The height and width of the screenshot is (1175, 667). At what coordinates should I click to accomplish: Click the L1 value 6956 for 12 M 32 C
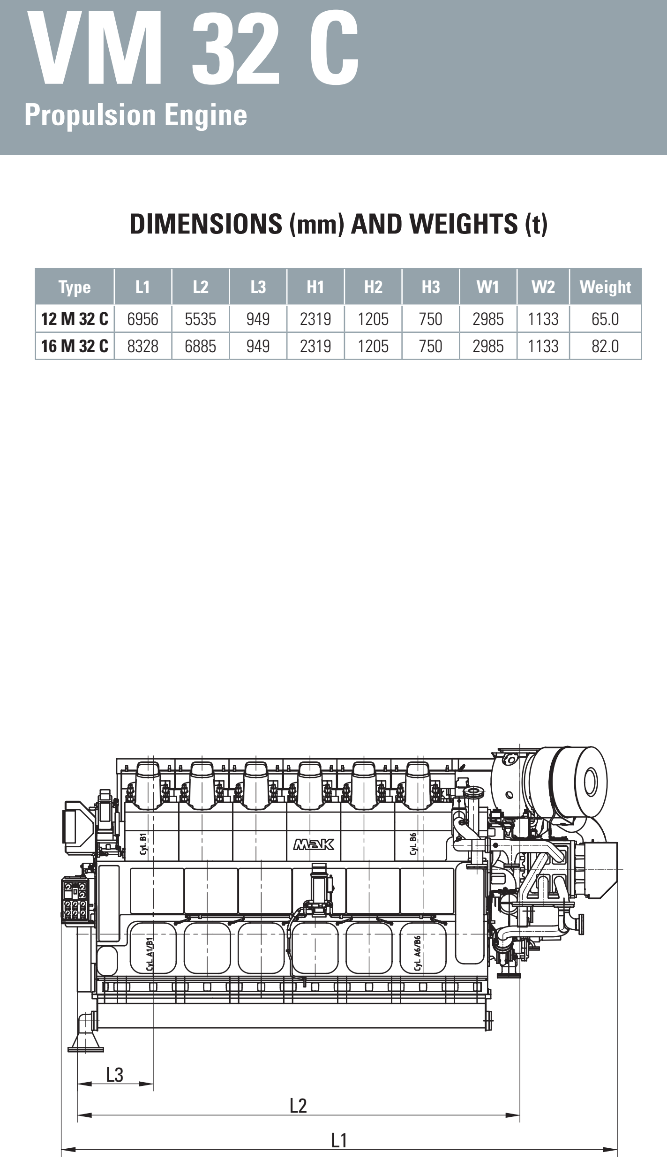(x=142, y=319)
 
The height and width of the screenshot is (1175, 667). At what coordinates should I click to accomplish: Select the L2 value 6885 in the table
(x=200, y=346)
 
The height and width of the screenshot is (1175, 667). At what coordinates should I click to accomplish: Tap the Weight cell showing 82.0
(x=605, y=346)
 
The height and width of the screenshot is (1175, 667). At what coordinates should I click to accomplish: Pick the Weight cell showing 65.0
(x=605, y=319)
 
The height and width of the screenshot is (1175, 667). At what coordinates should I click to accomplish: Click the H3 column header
(x=431, y=287)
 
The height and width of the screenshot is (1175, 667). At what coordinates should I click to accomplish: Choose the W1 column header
(x=488, y=287)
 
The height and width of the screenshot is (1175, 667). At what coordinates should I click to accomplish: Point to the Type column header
(x=75, y=287)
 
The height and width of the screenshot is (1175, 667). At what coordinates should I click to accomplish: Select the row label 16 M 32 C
(x=75, y=346)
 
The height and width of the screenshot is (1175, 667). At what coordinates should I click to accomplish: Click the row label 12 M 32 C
(x=75, y=319)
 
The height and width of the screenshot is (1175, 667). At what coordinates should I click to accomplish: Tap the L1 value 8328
(x=142, y=346)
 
